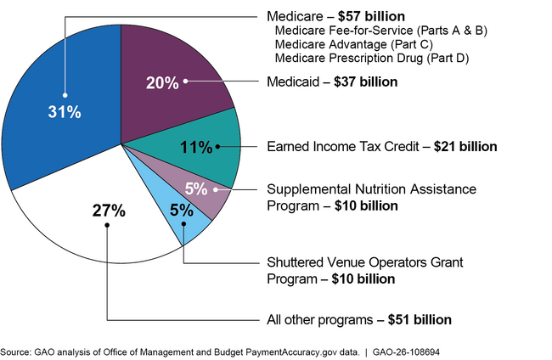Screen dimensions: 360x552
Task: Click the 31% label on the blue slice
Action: point(65,111)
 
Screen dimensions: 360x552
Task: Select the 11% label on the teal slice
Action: point(196,147)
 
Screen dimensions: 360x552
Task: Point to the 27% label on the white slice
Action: point(108,211)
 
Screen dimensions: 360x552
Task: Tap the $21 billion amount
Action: point(465,146)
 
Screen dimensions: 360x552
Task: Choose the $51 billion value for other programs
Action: point(420,320)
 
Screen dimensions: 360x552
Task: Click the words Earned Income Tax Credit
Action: point(346,146)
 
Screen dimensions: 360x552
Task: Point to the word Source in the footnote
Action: point(14,351)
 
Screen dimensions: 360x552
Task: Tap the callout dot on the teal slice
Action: point(217,147)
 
